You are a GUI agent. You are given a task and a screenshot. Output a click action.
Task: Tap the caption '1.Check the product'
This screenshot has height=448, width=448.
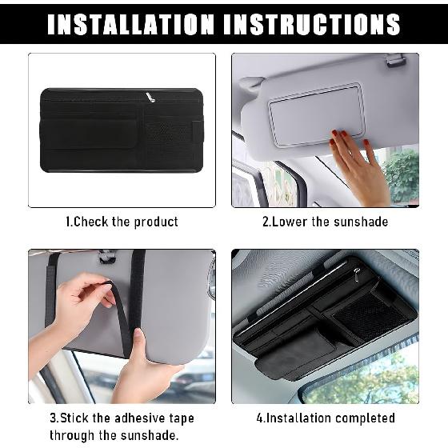coord(122,222)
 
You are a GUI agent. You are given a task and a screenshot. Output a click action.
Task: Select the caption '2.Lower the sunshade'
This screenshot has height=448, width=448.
coord(325,222)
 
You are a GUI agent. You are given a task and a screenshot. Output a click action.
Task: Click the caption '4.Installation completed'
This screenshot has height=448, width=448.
coord(325,418)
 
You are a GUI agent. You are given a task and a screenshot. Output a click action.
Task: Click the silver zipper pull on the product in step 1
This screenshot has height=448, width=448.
coord(149,97)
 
